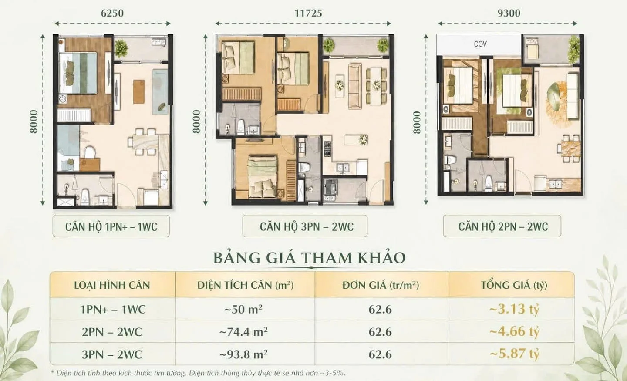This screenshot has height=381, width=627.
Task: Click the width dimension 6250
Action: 112,13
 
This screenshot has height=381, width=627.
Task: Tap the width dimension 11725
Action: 308,13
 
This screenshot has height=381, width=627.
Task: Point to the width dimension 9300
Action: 509,13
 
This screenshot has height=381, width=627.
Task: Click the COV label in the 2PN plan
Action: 480,44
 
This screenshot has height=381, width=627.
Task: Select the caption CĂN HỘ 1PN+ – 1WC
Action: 111,226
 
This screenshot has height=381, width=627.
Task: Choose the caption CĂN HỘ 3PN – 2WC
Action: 307,226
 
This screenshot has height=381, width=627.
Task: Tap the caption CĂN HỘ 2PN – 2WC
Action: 503,226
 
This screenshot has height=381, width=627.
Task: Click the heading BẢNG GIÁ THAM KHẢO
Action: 309,257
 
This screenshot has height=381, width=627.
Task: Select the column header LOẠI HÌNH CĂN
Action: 112,285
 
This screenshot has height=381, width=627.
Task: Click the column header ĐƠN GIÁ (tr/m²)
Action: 381,285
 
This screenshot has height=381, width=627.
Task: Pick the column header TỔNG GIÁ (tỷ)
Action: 514,285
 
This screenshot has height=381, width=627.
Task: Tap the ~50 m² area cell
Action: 243,309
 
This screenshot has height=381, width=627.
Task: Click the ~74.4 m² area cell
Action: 243,332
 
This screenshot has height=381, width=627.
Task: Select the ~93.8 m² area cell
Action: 243,354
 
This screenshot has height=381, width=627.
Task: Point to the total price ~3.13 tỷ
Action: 514,309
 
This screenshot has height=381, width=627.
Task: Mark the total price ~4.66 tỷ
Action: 514,331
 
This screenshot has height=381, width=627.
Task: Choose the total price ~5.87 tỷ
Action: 514,354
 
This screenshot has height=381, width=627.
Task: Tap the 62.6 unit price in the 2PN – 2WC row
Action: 380,332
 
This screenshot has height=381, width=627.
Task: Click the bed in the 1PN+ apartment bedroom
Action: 78,73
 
